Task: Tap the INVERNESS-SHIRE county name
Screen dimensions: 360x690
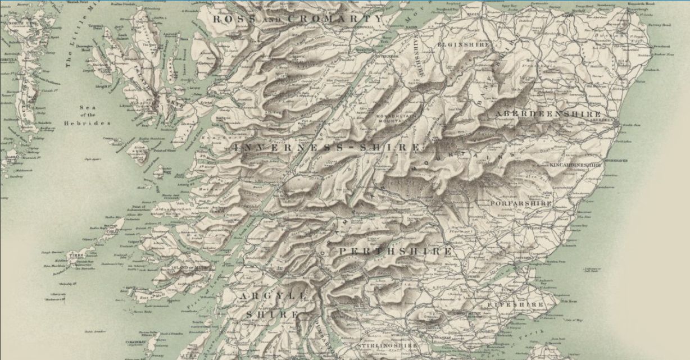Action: tap(326, 148)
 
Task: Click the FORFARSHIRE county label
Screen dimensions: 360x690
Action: tap(521, 203)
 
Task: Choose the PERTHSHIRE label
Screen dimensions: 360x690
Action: tap(395, 251)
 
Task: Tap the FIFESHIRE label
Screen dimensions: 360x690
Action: tap(526, 304)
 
